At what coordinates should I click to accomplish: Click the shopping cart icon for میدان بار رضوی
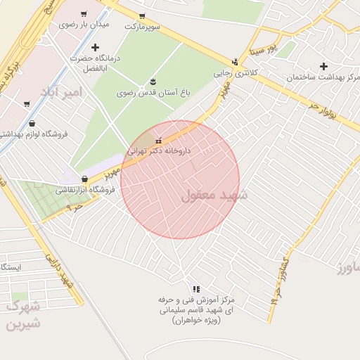84,14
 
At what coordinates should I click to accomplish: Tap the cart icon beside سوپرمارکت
142,15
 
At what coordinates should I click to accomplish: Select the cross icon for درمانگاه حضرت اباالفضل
95,47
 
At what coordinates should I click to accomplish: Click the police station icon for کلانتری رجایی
235,62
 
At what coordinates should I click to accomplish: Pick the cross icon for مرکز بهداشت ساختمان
323,66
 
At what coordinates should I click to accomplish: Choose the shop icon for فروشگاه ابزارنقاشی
85,179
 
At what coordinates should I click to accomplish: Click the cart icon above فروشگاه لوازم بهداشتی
27,104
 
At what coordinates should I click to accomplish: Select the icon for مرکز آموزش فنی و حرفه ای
196,288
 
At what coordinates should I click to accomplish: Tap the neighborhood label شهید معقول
214,195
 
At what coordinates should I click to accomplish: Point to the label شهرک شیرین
23,316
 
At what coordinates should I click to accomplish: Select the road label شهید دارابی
60,269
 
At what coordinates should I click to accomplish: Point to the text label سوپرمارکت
143,26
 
